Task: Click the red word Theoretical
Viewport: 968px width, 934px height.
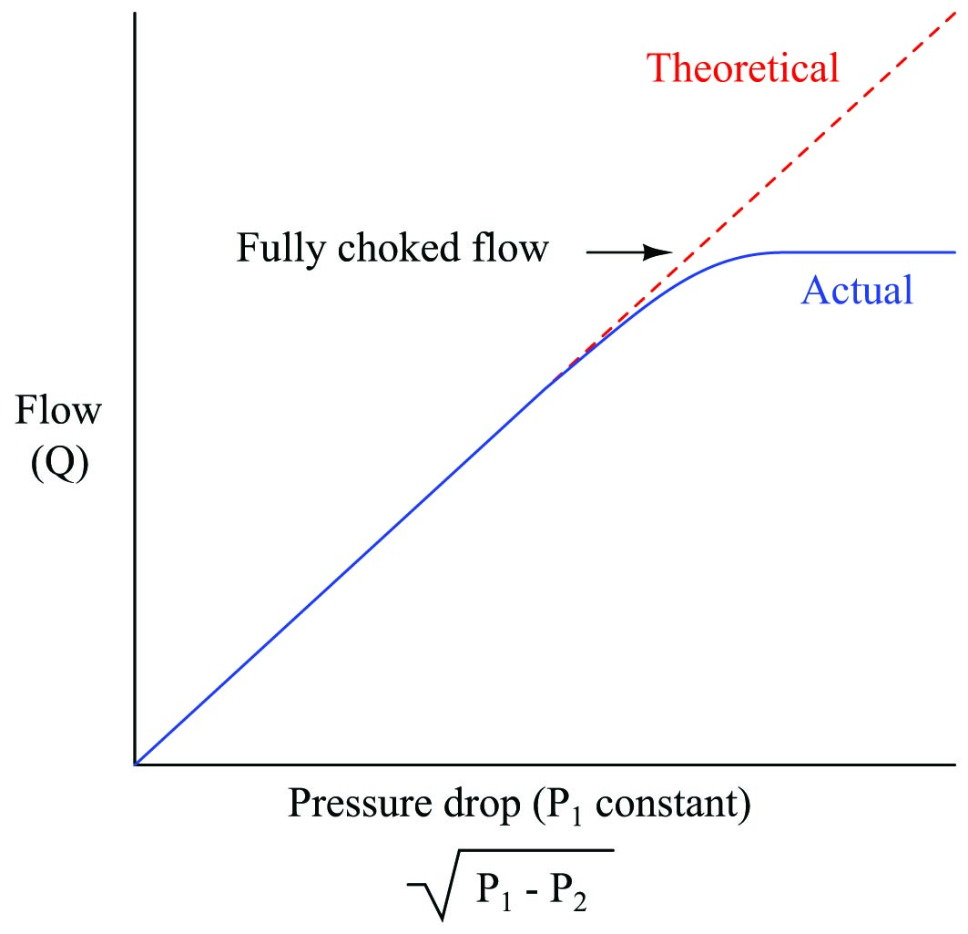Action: (741, 68)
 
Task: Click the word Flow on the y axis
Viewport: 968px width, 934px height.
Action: (58, 412)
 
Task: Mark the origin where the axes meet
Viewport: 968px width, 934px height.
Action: (135, 764)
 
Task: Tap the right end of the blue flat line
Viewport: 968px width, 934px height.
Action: (954, 252)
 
